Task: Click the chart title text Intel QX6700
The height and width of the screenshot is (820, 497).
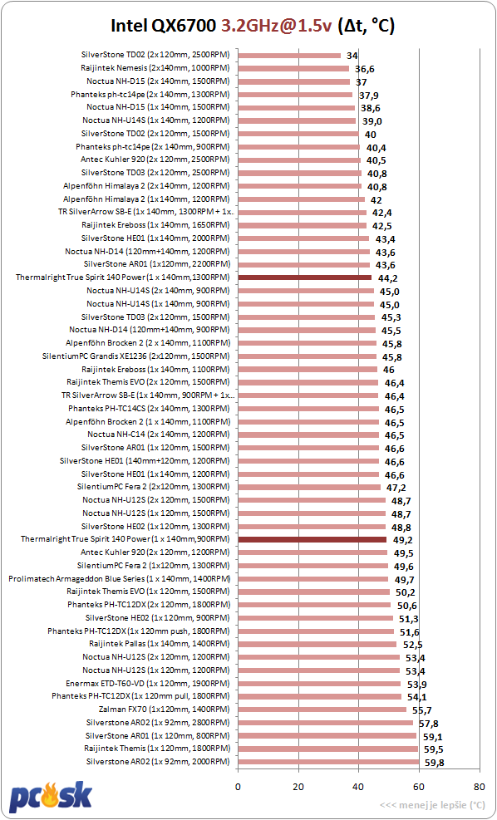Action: [164, 25]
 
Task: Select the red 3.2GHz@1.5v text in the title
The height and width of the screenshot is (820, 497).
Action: [277, 25]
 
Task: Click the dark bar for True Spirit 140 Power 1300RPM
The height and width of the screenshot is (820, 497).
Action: [304, 277]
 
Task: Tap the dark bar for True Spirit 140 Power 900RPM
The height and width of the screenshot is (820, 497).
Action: [312, 539]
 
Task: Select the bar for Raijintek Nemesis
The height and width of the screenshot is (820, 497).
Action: [293, 68]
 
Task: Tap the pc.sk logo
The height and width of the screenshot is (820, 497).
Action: [51, 796]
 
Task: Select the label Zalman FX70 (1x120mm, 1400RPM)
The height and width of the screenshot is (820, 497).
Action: [164, 710]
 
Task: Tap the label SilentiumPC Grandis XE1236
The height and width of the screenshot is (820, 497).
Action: [136, 356]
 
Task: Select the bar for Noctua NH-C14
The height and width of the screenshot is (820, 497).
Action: [308, 435]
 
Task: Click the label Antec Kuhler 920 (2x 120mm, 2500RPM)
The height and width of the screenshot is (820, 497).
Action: [155, 160]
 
